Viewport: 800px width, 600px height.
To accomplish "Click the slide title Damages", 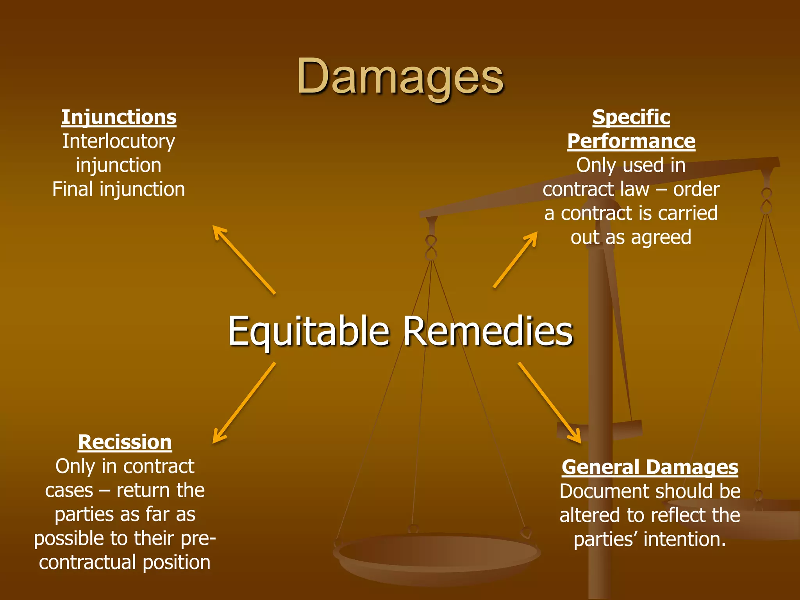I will (x=400, y=77).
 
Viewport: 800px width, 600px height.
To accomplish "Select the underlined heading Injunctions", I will (x=119, y=118).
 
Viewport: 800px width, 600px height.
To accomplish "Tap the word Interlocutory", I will (x=119, y=141).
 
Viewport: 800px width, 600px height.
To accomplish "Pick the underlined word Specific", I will (x=631, y=117).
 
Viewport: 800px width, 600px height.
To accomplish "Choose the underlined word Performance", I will (x=631, y=141).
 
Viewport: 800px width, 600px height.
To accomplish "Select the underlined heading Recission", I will (x=125, y=443).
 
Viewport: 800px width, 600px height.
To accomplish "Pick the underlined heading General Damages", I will (x=650, y=467).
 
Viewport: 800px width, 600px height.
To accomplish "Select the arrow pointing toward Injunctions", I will (x=244, y=259).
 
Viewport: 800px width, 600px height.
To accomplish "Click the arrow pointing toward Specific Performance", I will (x=515, y=260).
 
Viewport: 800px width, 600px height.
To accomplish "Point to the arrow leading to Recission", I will (x=244, y=403).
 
